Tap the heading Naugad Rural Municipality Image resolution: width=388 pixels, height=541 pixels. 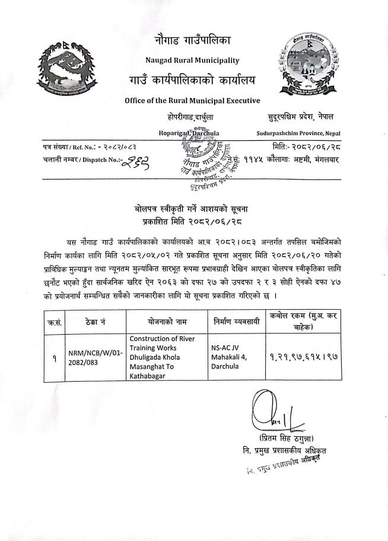pos(192,60)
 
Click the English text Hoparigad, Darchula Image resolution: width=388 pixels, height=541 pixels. pos(189,134)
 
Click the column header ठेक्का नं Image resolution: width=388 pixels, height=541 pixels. pos(95,322)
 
